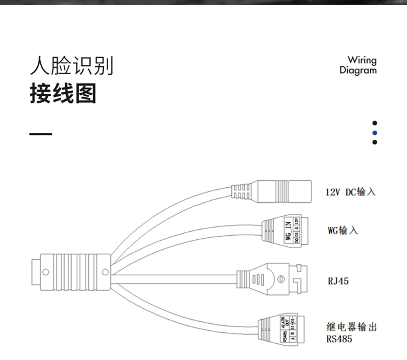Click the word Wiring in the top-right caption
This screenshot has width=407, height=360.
[362, 60]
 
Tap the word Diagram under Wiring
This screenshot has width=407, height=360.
[358, 70]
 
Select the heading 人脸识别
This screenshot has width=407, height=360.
[72, 66]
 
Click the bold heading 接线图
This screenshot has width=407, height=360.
[63, 93]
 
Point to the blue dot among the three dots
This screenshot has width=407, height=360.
[375, 132]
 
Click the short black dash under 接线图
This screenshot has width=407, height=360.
[41, 134]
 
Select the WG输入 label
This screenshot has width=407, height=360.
[343, 230]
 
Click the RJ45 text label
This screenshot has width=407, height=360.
[338, 281]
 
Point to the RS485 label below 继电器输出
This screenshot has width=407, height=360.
[339, 339]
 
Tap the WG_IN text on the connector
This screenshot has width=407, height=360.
[288, 230]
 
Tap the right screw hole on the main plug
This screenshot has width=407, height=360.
[105, 271]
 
